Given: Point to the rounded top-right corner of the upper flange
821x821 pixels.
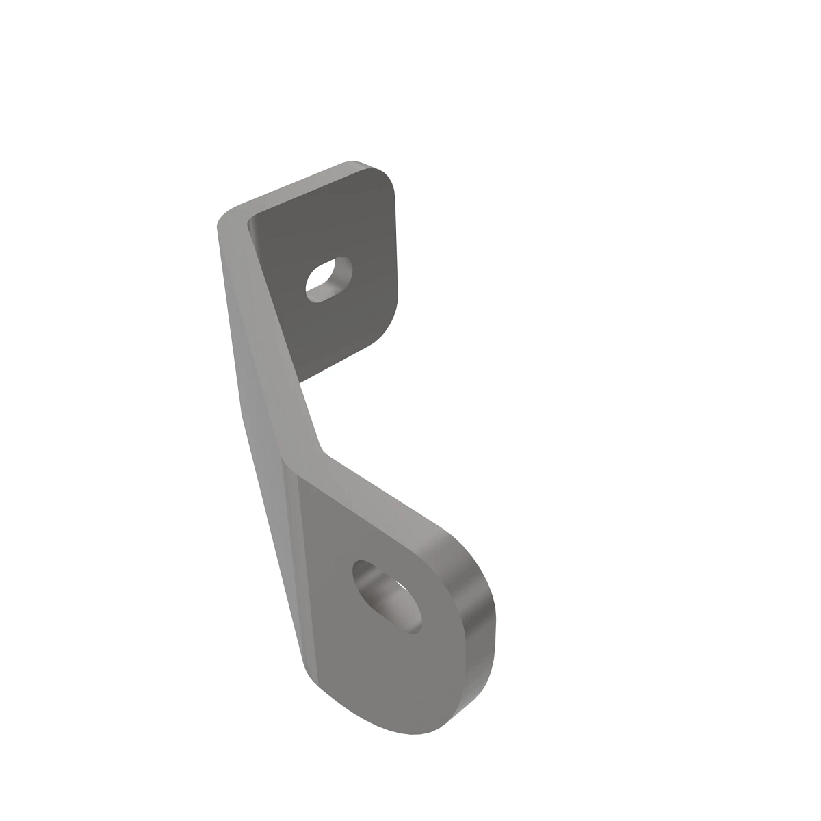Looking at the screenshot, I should click(387, 179).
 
